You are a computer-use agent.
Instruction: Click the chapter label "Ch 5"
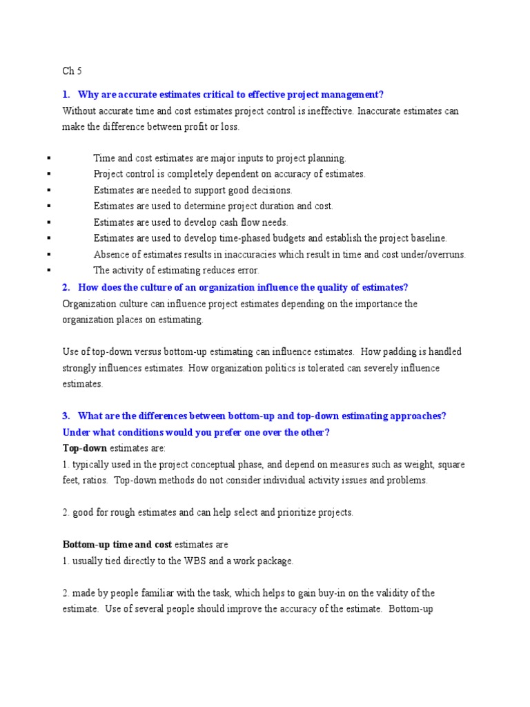tap(71, 70)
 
